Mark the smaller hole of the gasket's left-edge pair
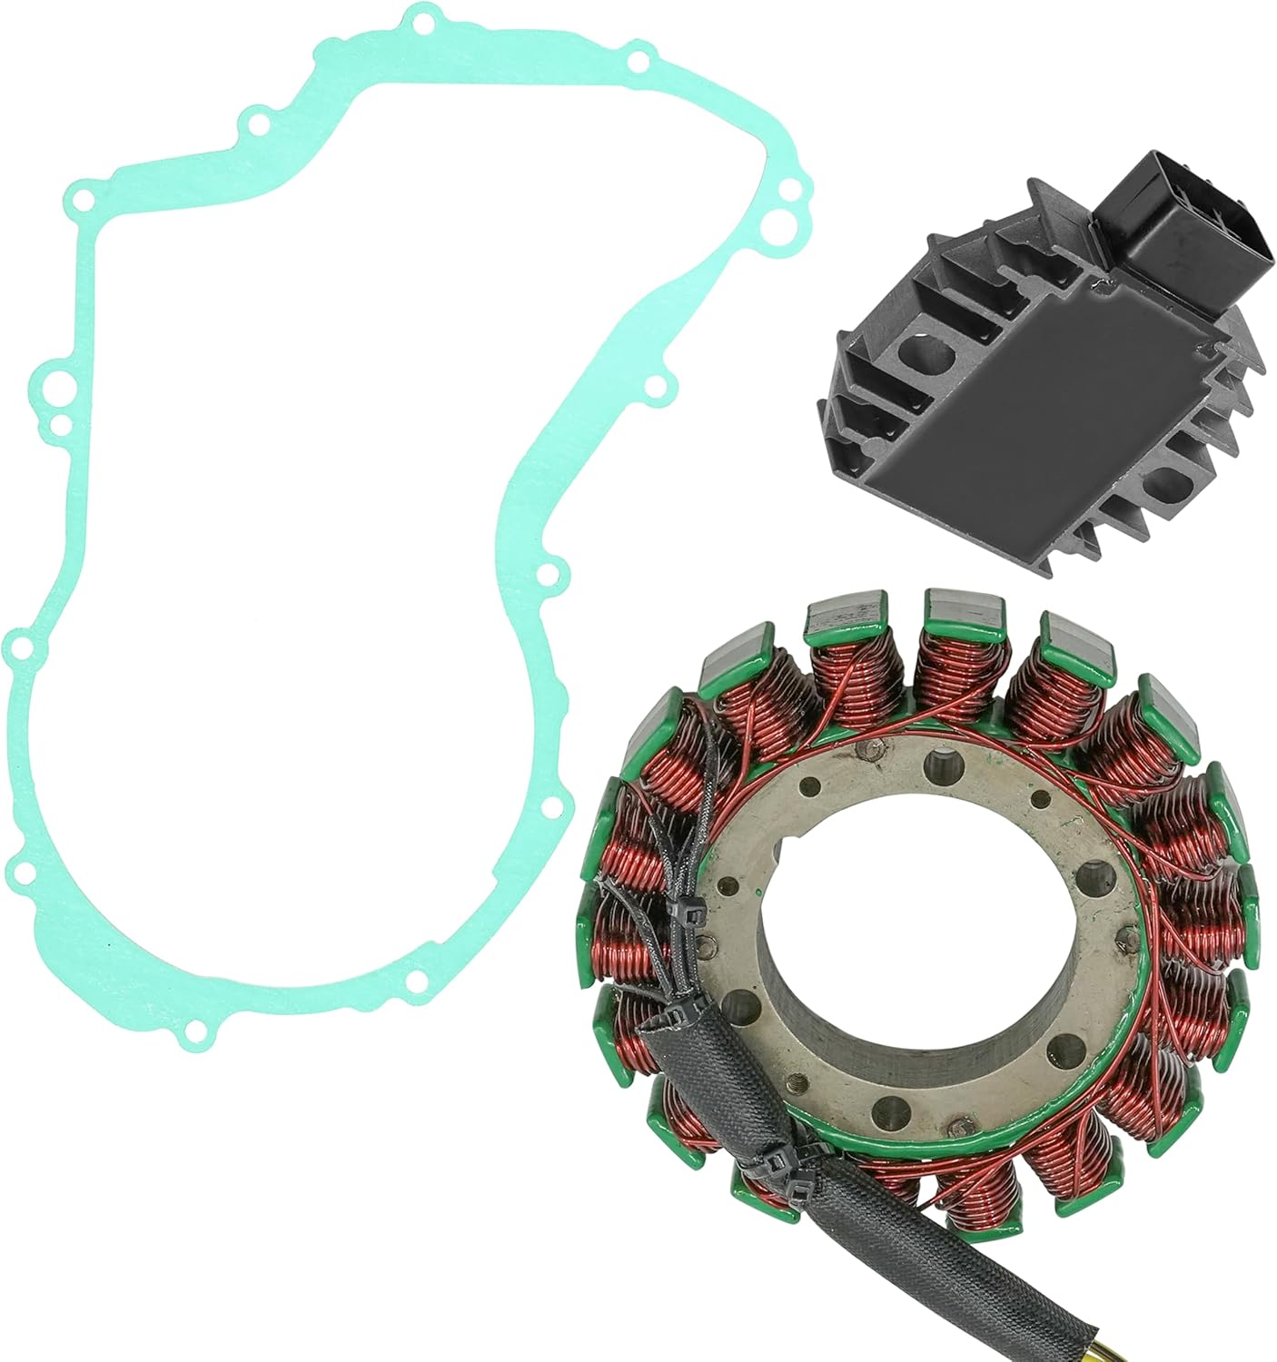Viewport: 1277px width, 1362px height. tap(60, 423)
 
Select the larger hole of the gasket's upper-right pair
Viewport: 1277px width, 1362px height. tap(790, 190)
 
